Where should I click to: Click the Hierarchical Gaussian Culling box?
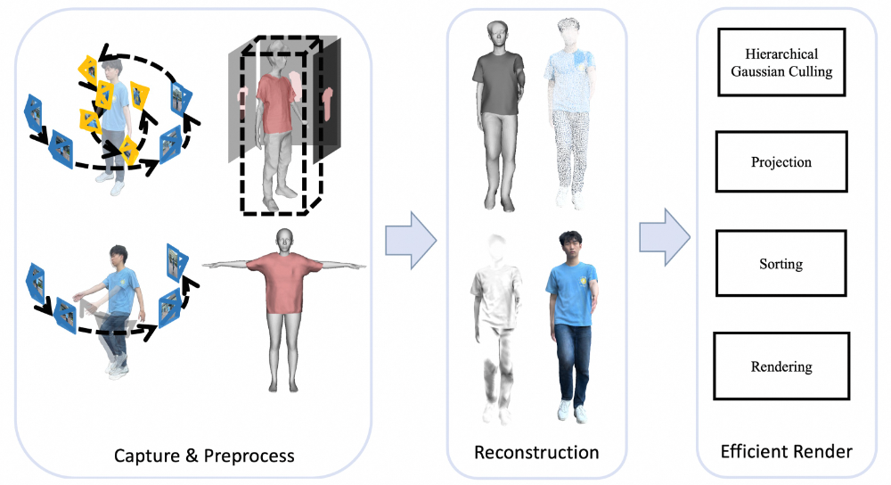(x=781, y=64)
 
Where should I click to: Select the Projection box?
(x=781, y=162)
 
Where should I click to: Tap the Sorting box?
(x=781, y=264)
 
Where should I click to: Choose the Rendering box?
(x=781, y=366)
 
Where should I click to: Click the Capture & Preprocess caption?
(x=204, y=456)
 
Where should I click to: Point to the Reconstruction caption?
(x=536, y=452)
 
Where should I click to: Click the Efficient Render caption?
(x=786, y=452)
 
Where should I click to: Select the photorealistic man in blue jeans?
(x=568, y=330)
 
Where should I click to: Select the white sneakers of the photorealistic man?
(x=572, y=412)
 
